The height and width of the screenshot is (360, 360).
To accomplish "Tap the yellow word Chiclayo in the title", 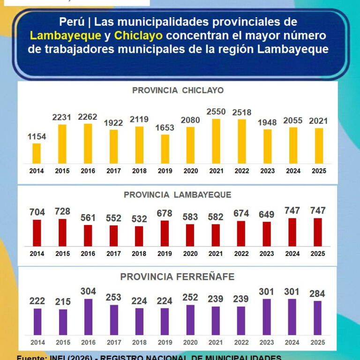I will point(138,36).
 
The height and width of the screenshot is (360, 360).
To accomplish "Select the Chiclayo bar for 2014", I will point(37,153).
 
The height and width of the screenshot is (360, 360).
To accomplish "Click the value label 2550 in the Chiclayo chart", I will point(216,112).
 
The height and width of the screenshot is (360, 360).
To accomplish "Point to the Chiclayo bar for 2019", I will point(165,149).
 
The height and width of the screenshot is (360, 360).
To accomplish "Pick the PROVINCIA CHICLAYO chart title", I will point(178,90).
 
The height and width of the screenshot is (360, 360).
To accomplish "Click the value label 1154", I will point(37,136).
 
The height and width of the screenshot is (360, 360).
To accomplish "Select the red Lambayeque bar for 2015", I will point(62,232).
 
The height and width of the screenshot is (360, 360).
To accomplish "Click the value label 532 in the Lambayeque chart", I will point(139,219).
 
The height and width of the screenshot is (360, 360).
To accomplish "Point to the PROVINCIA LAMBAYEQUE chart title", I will point(177,195).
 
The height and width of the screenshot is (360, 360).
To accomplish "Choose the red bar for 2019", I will point(165,233).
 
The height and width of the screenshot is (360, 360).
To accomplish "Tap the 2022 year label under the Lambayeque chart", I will point(241,254).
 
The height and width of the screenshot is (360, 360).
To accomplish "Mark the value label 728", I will point(62,211).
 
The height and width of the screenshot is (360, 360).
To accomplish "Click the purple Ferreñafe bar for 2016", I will point(88,317).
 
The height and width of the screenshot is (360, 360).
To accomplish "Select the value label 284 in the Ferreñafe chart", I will point(317,294).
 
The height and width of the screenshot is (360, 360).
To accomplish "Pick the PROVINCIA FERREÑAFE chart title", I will point(177,277).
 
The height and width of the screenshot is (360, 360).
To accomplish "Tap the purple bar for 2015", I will point(63,322).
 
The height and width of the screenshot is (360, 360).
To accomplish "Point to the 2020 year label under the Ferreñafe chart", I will point(190,343).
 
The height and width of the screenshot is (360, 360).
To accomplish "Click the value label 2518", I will point(242,112).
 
